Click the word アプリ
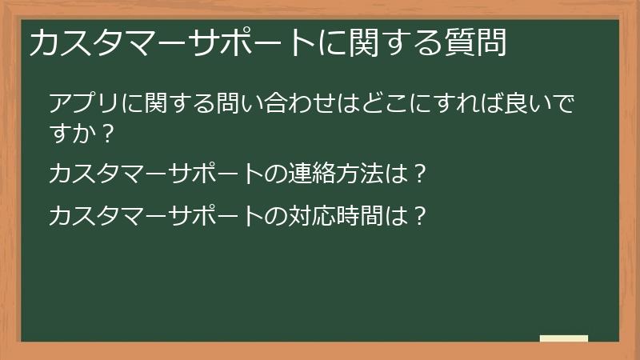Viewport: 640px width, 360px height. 84,104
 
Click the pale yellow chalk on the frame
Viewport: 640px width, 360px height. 564,339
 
